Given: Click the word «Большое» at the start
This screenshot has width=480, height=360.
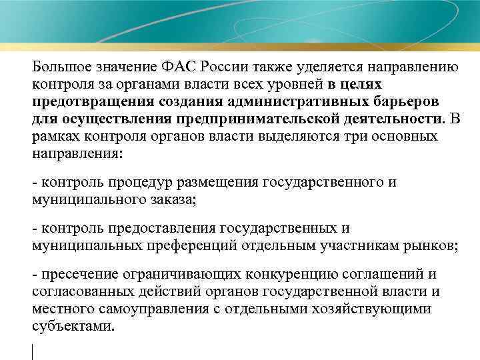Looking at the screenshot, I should [x=61, y=67].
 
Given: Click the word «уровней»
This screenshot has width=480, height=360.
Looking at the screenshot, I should [x=298, y=85].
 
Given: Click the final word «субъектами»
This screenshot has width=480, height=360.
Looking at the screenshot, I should [x=73, y=327].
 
